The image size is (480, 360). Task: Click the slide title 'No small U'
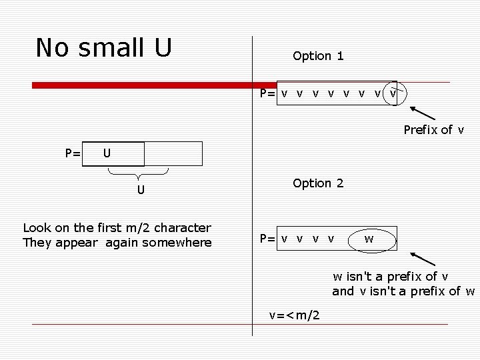pyautogui.click(x=104, y=48)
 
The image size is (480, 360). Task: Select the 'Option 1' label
pyautogui.click(x=318, y=56)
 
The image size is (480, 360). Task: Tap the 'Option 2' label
pyautogui.click(x=318, y=183)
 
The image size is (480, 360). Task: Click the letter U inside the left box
pyautogui.click(x=107, y=154)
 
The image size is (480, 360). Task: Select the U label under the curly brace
pyautogui.click(x=141, y=190)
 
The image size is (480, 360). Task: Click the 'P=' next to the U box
pyautogui.click(x=73, y=154)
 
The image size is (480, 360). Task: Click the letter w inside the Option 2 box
pyautogui.click(x=369, y=238)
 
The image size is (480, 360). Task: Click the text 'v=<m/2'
pyautogui.click(x=294, y=315)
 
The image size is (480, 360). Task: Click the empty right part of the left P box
pyautogui.click(x=173, y=154)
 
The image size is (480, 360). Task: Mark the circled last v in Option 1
pyautogui.click(x=393, y=93)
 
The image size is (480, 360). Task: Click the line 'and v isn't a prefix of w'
pyautogui.click(x=403, y=291)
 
